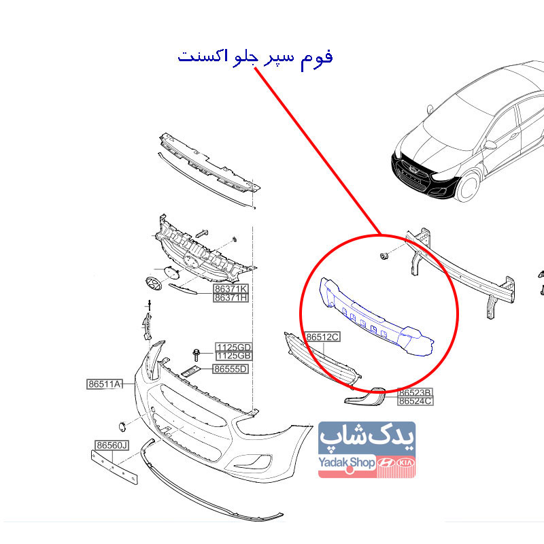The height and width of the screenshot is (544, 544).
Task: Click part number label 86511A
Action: pyautogui.click(x=105, y=384)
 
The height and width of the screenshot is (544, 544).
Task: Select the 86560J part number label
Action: pyautogui.click(x=112, y=445)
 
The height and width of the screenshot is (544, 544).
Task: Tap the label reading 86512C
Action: pyautogui.click(x=322, y=337)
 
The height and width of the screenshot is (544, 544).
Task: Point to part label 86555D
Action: pyautogui.click(x=231, y=369)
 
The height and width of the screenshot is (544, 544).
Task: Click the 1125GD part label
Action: pyautogui.click(x=234, y=347)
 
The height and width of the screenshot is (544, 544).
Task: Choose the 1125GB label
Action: pyautogui.click(x=234, y=356)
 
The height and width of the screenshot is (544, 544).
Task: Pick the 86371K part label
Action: pyautogui.click(x=231, y=288)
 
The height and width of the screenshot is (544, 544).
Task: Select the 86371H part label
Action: pyautogui.click(x=231, y=298)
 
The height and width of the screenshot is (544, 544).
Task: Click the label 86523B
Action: pyautogui.click(x=415, y=392)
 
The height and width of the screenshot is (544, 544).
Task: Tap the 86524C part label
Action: pyautogui.click(x=415, y=401)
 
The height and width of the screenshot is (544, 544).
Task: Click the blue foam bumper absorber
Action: pyautogui.click(x=375, y=318)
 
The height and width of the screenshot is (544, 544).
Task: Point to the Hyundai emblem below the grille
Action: pyautogui.click(x=154, y=284)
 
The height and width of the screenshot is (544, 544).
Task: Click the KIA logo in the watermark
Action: pyautogui.click(x=405, y=463)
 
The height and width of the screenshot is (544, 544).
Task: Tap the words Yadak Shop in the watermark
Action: pyautogui.click(x=347, y=462)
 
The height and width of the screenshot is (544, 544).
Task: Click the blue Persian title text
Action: pyautogui.click(x=256, y=57)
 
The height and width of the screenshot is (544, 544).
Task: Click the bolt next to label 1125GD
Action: pyautogui.click(x=197, y=355)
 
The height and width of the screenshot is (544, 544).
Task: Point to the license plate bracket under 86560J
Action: pyautogui.click(x=114, y=467)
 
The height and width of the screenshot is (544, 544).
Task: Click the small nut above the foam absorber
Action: pyautogui.click(x=384, y=256)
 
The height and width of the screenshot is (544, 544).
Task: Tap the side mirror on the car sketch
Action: pyautogui.click(x=490, y=145)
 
